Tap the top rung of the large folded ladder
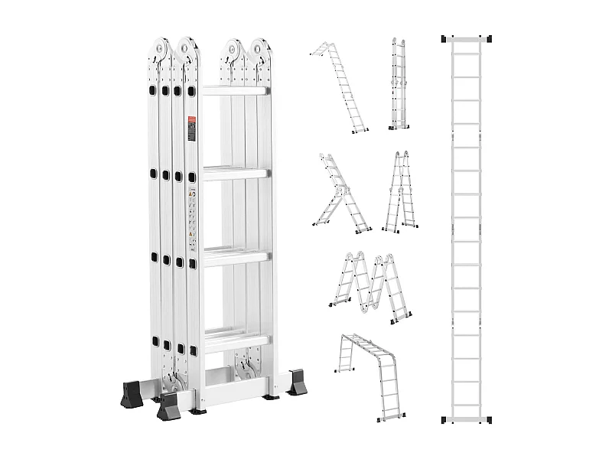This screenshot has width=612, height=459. click(235, 91)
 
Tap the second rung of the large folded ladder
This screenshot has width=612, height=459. click(235, 173)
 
